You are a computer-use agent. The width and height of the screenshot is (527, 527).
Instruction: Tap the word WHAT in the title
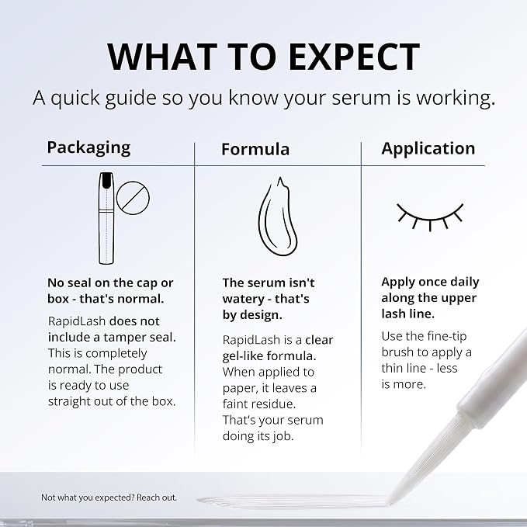(162, 57)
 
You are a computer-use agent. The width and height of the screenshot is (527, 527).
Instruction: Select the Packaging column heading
(88, 148)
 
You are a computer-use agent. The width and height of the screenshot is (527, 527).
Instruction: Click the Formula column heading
(255, 149)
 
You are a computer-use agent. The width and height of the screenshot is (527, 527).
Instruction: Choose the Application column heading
(428, 149)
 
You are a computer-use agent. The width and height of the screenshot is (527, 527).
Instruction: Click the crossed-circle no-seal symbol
(133, 198)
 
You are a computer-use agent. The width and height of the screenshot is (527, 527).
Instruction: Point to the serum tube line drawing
(106, 218)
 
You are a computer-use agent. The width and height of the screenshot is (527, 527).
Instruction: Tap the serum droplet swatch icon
(278, 217)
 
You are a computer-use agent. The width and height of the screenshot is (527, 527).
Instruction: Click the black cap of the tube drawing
(106, 181)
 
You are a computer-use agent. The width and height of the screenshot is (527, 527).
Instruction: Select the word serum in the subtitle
(360, 98)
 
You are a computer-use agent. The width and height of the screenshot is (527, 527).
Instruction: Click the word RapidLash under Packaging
(77, 321)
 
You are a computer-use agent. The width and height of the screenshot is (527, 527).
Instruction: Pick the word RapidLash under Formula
(251, 340)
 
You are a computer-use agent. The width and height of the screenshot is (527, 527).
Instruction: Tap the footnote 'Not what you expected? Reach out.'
(109, 498)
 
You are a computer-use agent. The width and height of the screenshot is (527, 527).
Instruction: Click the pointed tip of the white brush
(390, 503)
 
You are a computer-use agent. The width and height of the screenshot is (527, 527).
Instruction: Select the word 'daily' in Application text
(465, 282)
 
